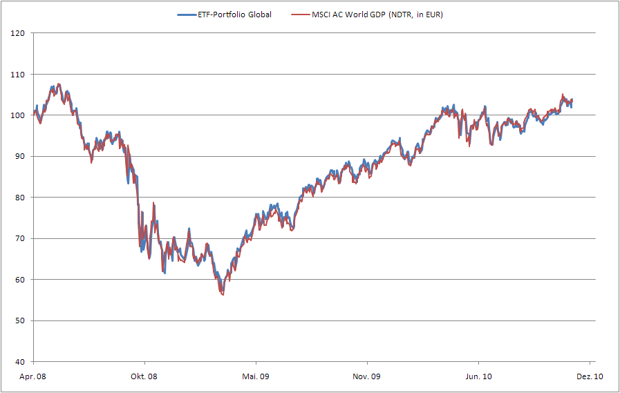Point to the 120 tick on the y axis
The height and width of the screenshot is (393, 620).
pos(18,33)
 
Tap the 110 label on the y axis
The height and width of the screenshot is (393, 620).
pos(18,74)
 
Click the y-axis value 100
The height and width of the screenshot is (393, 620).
pos(18,115)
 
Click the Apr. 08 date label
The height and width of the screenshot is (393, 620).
pos(34,376)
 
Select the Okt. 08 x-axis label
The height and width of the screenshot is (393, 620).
pos(144,376)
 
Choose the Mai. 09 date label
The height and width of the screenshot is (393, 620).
pos(256,376)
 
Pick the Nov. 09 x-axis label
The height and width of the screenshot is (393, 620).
pos(367,376)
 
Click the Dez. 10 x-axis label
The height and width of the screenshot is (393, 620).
pos(590,376)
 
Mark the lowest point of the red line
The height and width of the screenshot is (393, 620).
pos(223,295)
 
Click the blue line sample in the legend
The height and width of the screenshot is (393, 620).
pos(186,15)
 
